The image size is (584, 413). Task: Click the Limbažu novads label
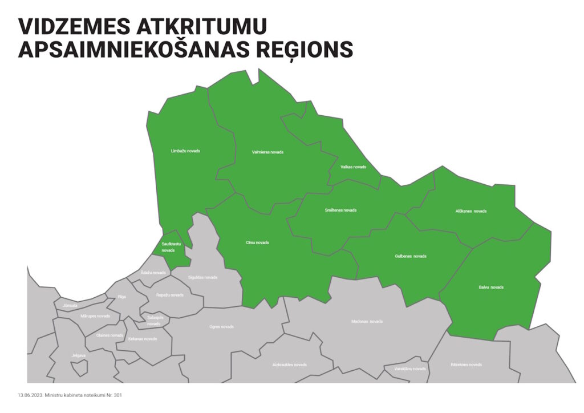185,151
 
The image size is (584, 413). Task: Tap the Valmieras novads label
267,152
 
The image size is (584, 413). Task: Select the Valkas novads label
353,167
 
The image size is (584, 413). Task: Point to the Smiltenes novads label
340,210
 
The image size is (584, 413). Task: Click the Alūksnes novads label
471,211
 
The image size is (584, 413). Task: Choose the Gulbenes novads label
411,256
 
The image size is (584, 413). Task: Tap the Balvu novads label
491,287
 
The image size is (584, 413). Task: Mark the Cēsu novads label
257,242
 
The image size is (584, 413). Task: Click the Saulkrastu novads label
168,247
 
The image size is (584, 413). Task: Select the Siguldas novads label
202,277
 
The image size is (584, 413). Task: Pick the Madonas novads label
367,322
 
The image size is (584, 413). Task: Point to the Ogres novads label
221,327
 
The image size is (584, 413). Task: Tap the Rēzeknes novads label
466,365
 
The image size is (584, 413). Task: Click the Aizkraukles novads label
289,365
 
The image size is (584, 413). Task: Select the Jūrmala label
70,306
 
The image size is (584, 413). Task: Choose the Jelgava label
78,355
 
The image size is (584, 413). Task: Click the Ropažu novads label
170,295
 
